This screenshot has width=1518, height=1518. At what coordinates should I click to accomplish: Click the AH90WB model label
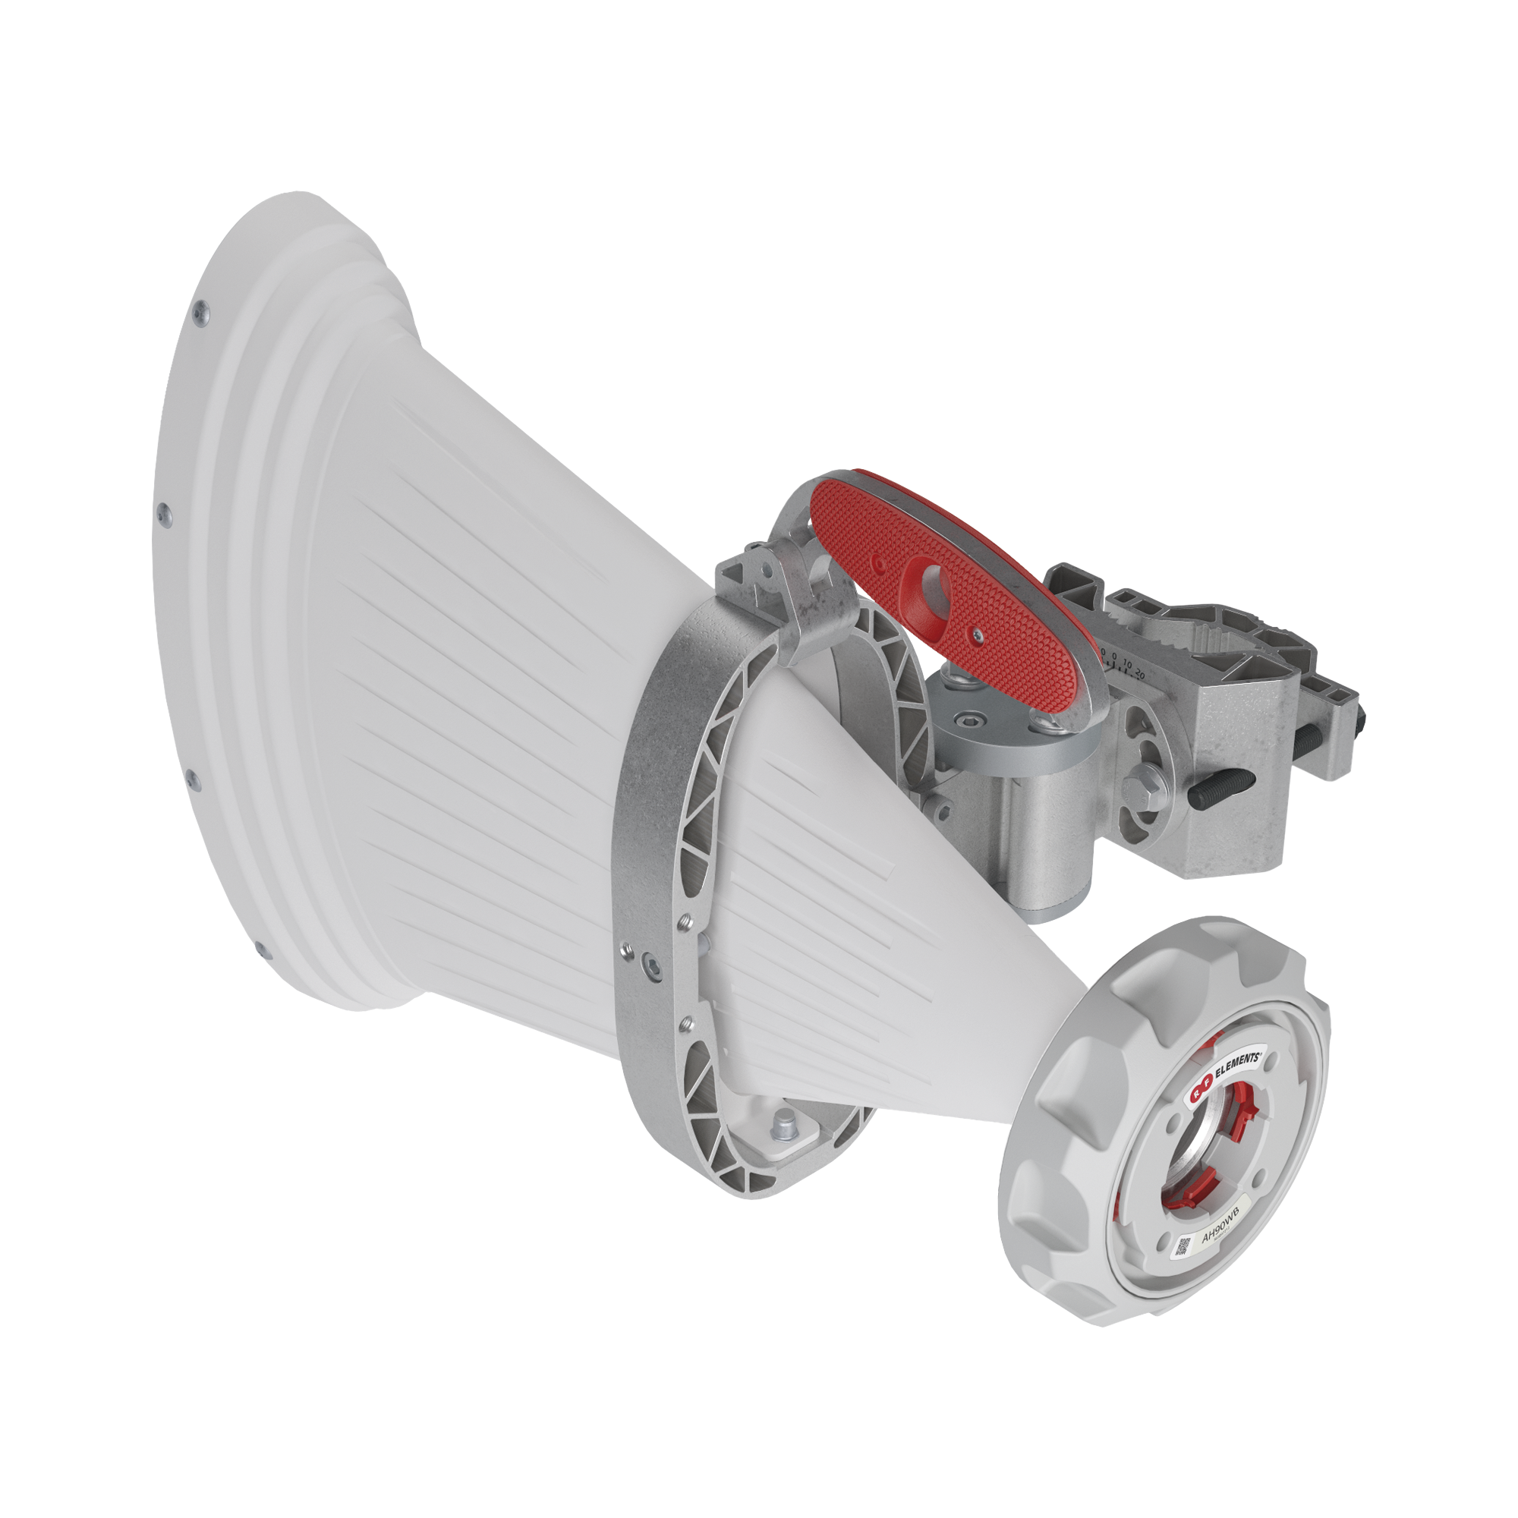coord(1220,1242)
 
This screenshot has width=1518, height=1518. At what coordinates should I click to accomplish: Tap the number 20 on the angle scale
coord(1140,675)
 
